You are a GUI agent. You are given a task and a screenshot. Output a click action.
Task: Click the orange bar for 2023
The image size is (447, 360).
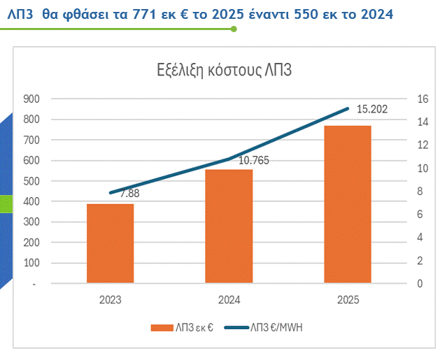pyautogui.click(x=110, y=243)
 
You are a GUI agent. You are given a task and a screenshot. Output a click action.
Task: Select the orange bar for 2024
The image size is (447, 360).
pyautogui.click(x=229, y=226)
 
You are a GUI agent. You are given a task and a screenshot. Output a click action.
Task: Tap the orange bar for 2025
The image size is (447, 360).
pyautogui.click(x=348, y=204)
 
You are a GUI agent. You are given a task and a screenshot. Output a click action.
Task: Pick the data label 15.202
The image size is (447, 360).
pyautogui.click(x=371, y=109)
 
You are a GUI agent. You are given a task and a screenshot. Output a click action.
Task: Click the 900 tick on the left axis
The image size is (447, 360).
pyautogui.click(x=32, y=99)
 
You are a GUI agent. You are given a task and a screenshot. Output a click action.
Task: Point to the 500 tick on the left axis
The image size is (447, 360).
pyautogui.click(x=32, y=181)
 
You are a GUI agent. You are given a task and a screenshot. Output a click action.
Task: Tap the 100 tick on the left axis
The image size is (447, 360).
pyautogui.click(x=32, y=264)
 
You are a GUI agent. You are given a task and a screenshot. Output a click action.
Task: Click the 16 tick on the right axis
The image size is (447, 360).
pyautogui.click(x=420, y=99)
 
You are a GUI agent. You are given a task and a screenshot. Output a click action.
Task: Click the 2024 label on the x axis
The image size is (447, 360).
pyautogui.click(x=229, y=300)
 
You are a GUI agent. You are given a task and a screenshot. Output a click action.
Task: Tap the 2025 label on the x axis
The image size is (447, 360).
pyautogui.click(x=348, y=300)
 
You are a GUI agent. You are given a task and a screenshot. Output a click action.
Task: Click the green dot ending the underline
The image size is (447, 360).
pyautogui.click(x=234, y=29)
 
